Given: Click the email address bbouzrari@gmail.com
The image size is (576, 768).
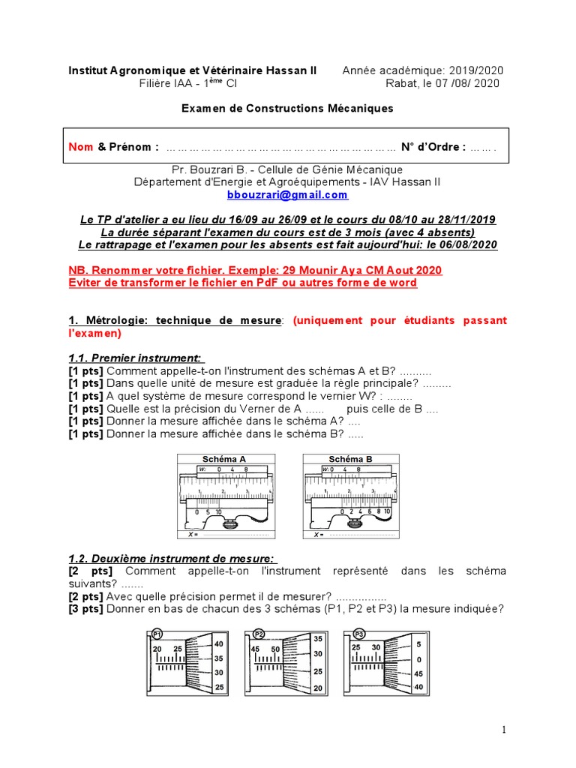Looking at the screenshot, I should [288, 195].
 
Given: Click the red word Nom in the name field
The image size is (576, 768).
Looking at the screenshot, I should [81, 147].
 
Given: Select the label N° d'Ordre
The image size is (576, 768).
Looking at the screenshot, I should [433, 147].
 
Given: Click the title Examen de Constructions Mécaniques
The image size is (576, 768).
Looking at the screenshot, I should [288, 109].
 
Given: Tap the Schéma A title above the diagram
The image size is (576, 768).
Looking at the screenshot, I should [223, 459].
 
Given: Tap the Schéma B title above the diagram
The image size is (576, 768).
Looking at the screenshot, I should [350, 459].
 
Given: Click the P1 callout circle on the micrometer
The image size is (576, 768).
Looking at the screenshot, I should [157, 633].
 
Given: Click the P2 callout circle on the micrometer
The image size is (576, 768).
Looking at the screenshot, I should [259, 633].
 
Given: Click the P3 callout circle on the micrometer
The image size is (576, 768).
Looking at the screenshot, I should [358, 633].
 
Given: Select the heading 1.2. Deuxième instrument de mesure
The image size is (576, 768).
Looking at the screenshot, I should [173, 558].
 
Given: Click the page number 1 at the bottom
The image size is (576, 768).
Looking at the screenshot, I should [505, 730].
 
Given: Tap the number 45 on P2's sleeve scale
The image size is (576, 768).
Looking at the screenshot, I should [256, 649].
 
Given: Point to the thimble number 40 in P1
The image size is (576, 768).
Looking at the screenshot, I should [218, 643].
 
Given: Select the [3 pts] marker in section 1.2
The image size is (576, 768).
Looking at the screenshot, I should [85, 608].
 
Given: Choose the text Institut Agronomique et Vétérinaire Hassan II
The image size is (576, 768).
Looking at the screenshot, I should [193, 70].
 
